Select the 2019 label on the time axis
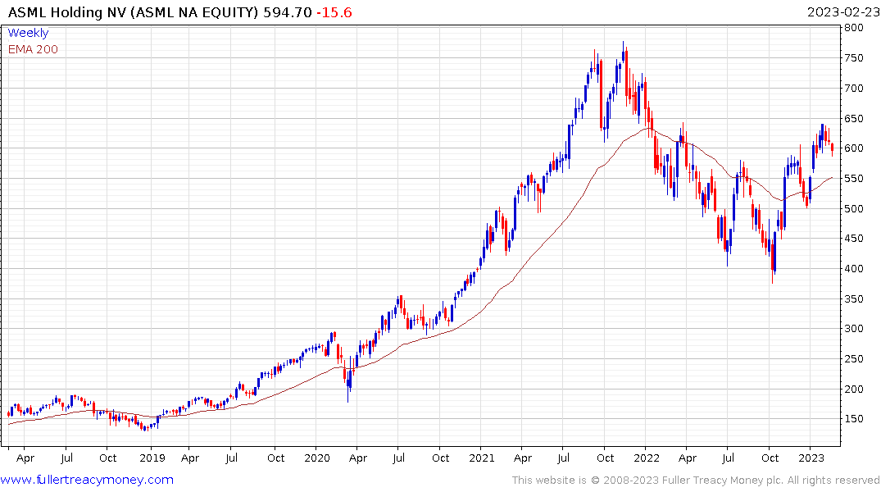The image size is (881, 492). (x=151, y=458)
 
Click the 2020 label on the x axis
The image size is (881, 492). (x=316, y=458)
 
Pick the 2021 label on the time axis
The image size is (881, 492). (x=482, y=458)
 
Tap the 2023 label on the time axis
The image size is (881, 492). (x=811, y=458)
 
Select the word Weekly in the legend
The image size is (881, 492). (x=28, y=33)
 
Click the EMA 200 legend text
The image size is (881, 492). (x=33, y=49)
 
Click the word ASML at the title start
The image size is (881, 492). (x=27, y=12)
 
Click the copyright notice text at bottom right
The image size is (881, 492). (x=696, y=481)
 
